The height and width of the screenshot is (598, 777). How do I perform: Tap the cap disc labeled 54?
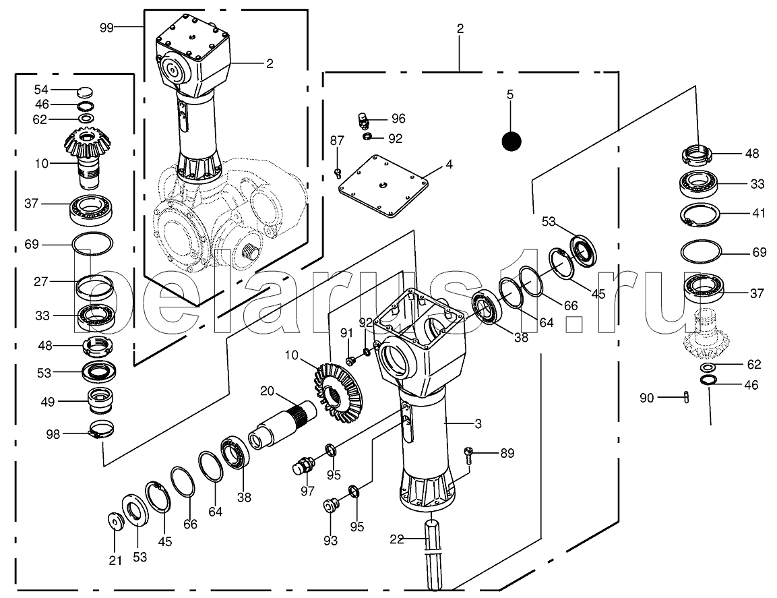(x=86, y=91)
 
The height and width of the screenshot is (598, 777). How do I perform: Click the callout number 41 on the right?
(x=759, y=212)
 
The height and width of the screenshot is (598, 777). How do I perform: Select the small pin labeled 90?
(x=686, y=397)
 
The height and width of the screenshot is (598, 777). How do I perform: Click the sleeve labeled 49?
(x=100, y=403)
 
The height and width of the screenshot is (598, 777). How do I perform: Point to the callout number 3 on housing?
(x=478, y=424)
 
